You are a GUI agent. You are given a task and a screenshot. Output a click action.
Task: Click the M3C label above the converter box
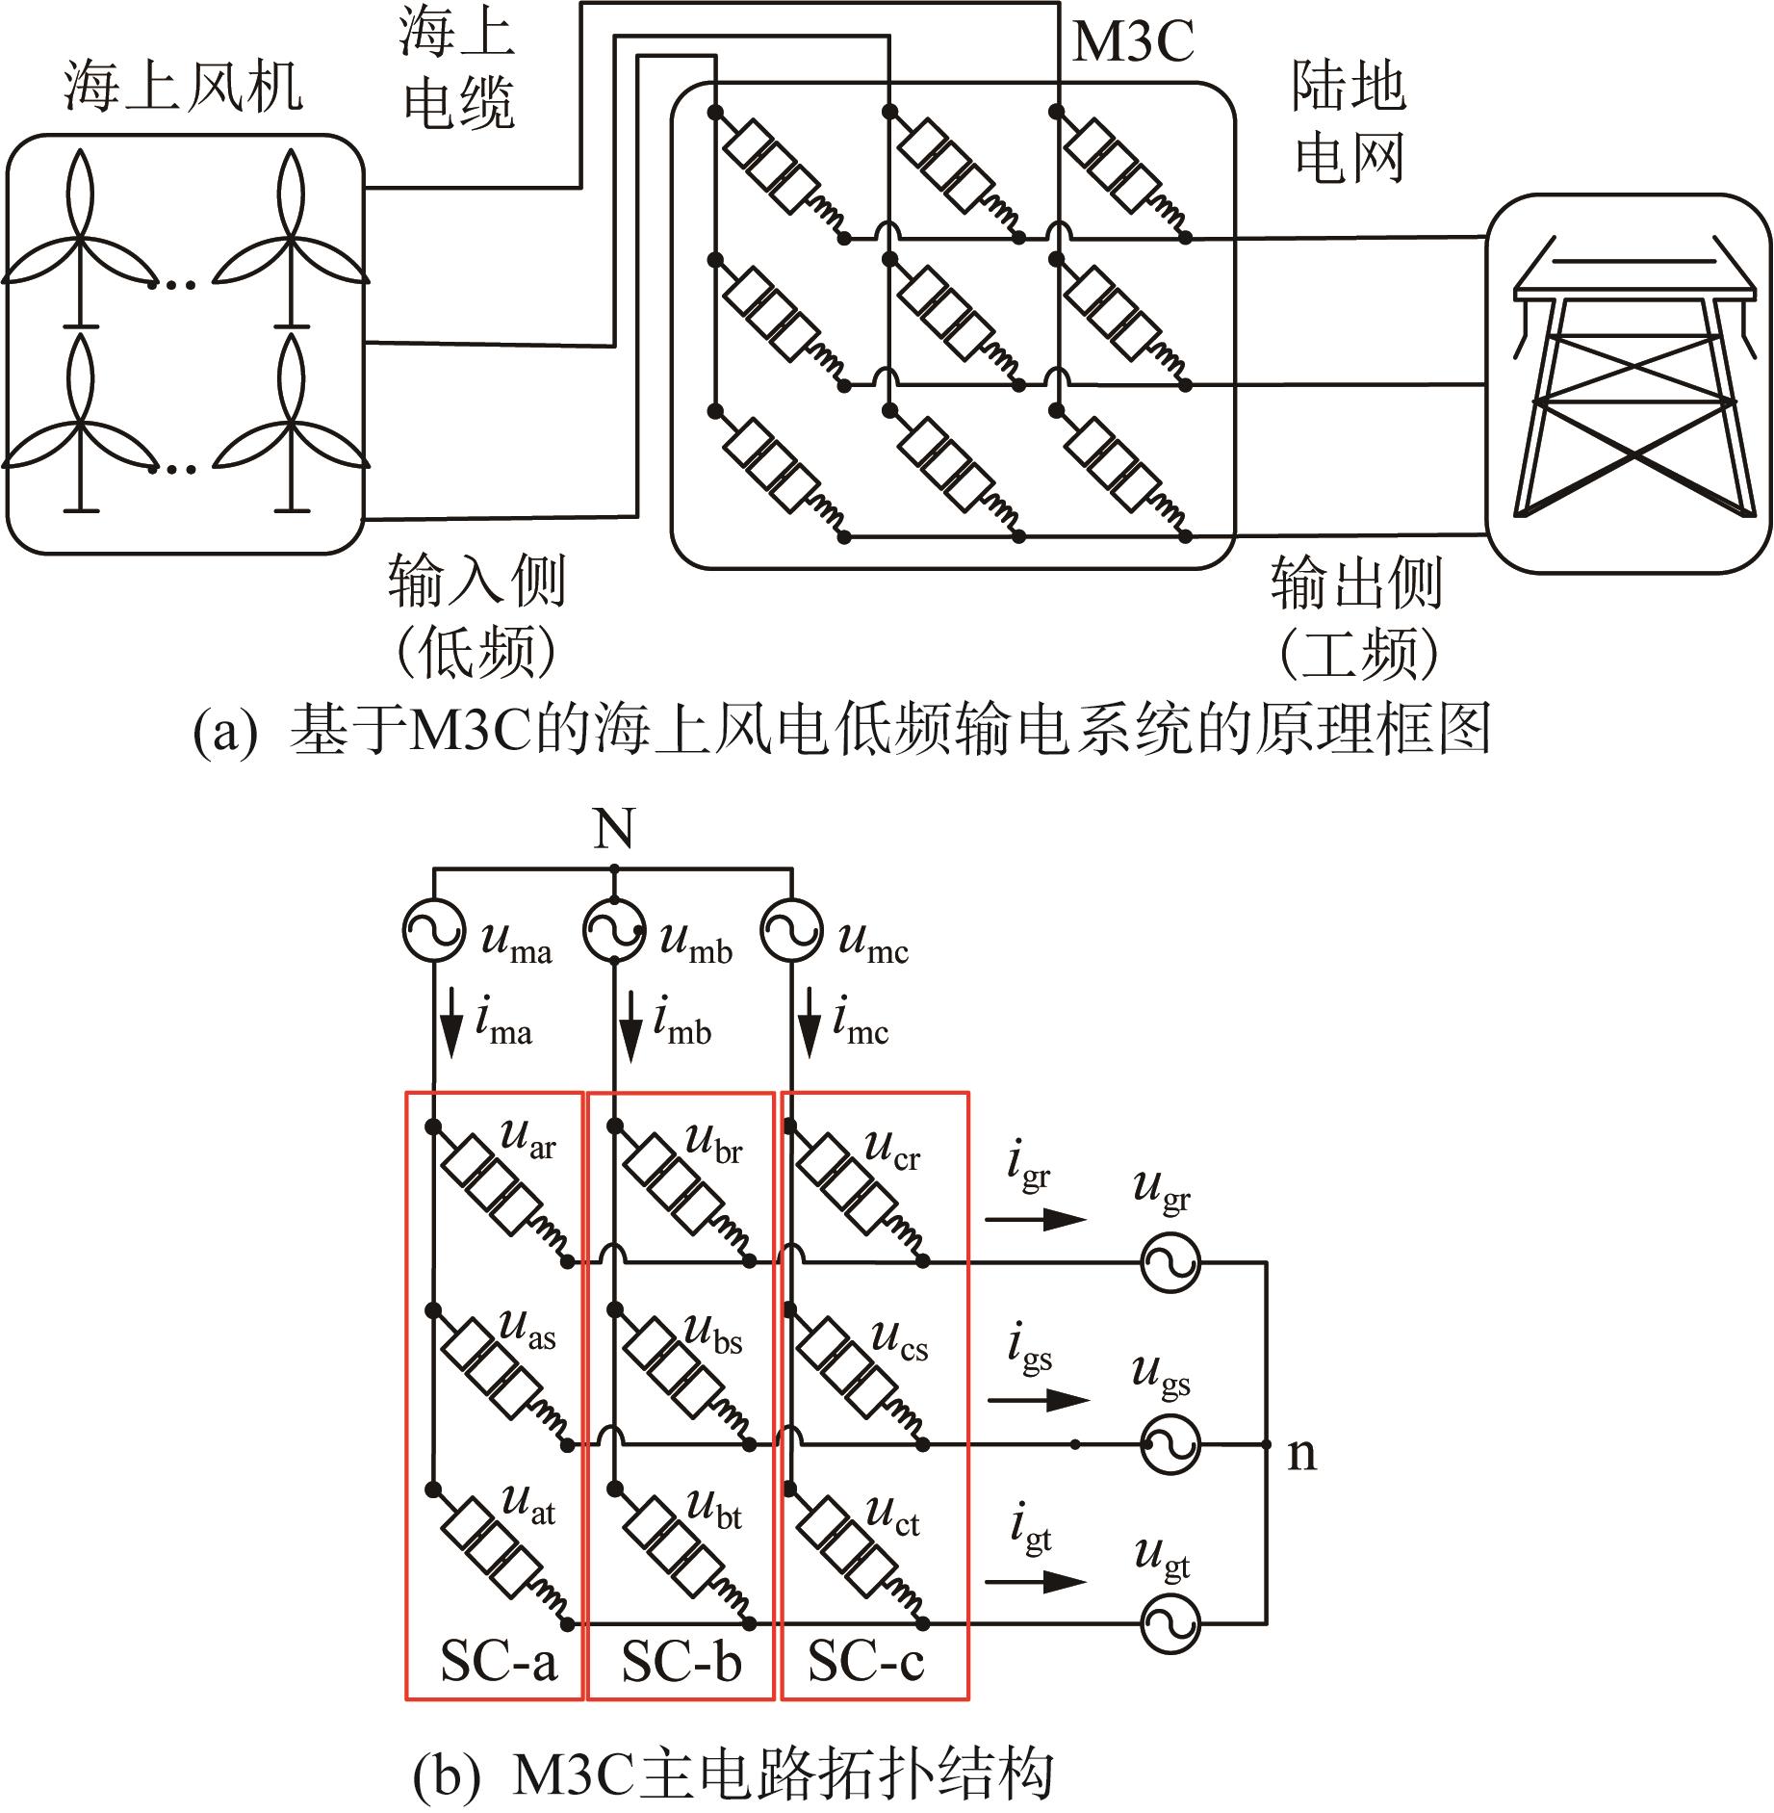pos(1133,41)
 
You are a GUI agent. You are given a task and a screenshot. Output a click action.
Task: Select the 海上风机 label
pos(183,87)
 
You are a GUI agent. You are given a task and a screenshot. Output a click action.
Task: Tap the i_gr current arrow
pos(1036,1219)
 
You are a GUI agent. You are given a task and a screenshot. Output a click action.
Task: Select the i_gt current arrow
pos(1036,1581)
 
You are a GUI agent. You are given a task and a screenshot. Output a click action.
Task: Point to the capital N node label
pos(614,828)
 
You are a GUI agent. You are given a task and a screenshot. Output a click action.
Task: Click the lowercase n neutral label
pos(1301,1454)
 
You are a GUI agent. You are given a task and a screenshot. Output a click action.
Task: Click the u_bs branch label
pos(713,1334)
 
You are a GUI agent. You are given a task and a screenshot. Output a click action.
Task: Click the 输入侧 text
pos(476,581)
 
